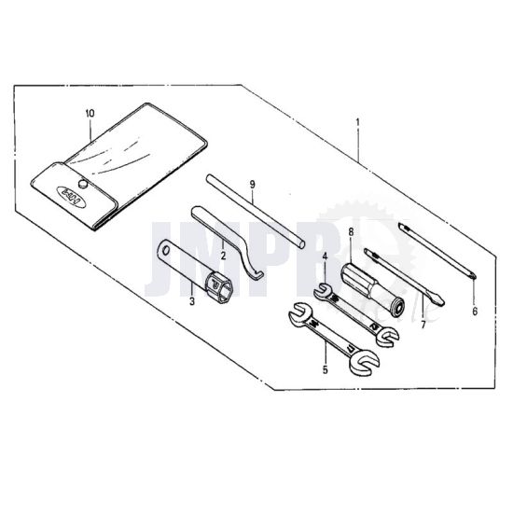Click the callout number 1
[x=358, y=122]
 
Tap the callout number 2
[x=223, y=254]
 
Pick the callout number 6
[x=474, y=312]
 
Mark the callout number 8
[x=351, y=229]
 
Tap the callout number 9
[x=252, y=186]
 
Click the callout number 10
[x=90, y=113]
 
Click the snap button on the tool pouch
[x=82, y=186]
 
